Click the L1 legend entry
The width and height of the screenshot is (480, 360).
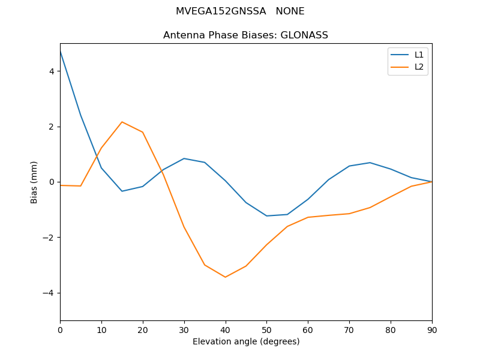(419, 55)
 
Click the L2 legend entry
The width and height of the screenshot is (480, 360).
(419, 67)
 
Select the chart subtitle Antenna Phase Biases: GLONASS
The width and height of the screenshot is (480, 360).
(245, 35)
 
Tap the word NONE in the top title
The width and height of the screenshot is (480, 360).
(290, 11)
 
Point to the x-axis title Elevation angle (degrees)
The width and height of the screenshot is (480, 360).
(246, 341)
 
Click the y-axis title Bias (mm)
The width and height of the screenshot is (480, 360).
(34, 182)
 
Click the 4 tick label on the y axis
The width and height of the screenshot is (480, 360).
(52, 71)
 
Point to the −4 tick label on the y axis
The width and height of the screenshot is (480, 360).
(49, 293)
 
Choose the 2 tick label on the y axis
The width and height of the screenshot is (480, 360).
(52, 127)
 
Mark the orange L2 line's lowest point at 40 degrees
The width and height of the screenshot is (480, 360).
(225, 277)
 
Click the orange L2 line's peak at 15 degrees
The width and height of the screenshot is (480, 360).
(122, 122)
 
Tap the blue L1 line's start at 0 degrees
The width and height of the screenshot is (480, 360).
(61, 52)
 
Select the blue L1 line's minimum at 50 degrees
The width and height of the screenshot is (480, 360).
(266, 216)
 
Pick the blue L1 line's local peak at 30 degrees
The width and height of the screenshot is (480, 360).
(184, 158)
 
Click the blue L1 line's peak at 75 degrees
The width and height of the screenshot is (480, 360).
(370, 163)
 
